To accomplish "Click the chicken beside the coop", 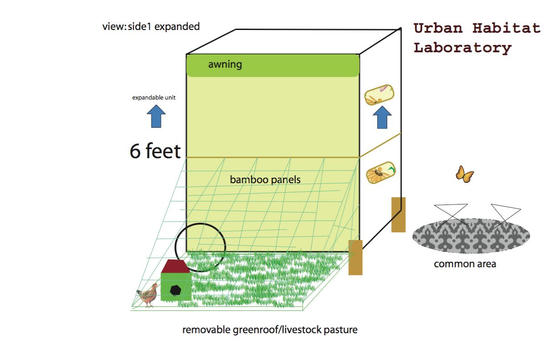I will click(x=148, y=295).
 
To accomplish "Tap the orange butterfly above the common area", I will click(x=464, y=174).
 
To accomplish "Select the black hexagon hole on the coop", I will click(x=175, y=290).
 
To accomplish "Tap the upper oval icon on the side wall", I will click(x=380, y=95).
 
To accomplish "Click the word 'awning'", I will click(x=225, y=65).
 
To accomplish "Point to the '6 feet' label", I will click(x=155, y=151).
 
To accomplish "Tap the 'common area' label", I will click(x=465, y=264).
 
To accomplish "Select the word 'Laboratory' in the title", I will click(x=462, y=48).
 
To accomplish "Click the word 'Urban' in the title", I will click(x=438, y=28).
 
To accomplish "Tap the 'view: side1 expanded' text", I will click(x=151, y=26).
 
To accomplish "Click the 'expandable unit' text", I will click(x=154, y=97).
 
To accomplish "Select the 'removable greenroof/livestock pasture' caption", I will click(x=270, y=330).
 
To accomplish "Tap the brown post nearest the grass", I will click(x=355, y=257).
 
